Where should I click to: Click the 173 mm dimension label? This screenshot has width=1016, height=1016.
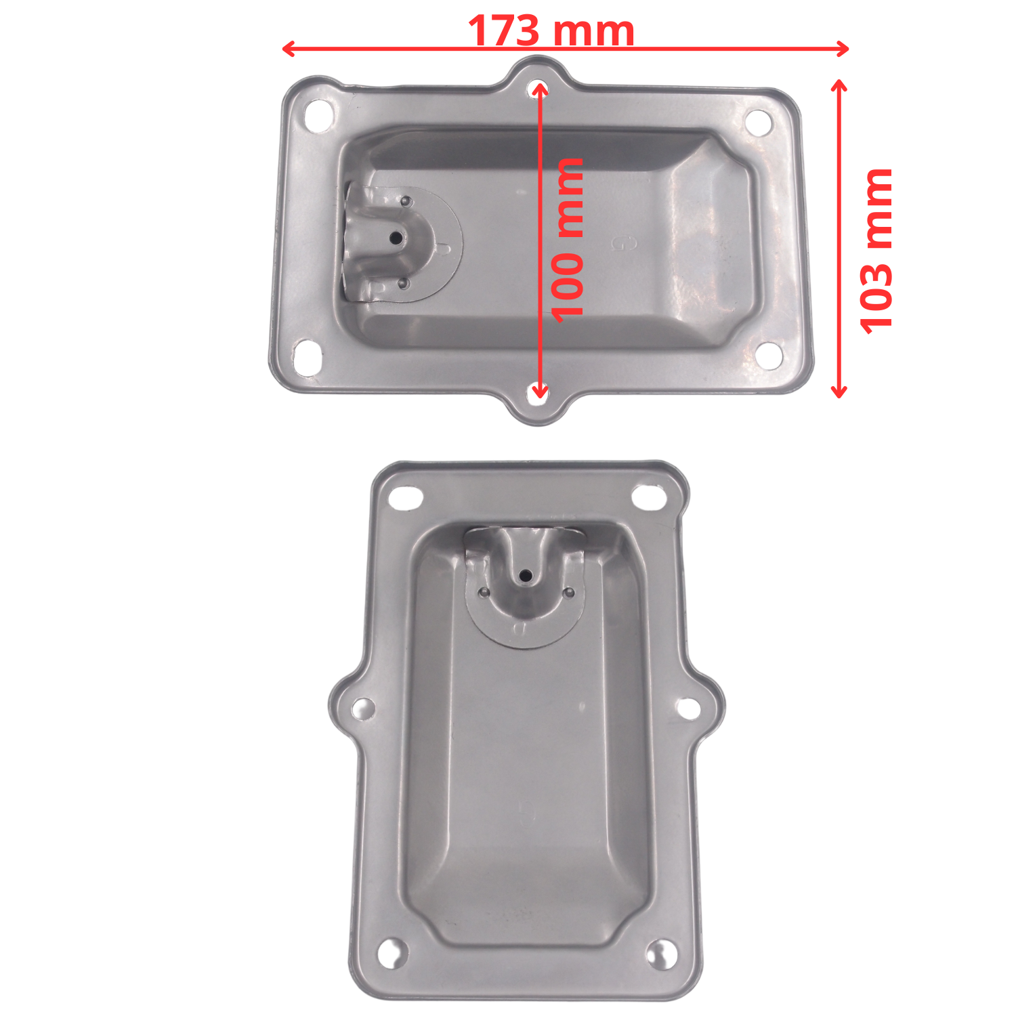551,31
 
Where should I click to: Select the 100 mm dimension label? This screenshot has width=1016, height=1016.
566,239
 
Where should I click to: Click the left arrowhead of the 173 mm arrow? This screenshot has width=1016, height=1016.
289,48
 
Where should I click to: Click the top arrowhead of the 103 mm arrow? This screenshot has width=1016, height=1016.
839,86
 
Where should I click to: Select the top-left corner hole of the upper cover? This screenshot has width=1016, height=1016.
318,115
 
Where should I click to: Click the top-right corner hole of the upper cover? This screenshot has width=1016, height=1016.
758,123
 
